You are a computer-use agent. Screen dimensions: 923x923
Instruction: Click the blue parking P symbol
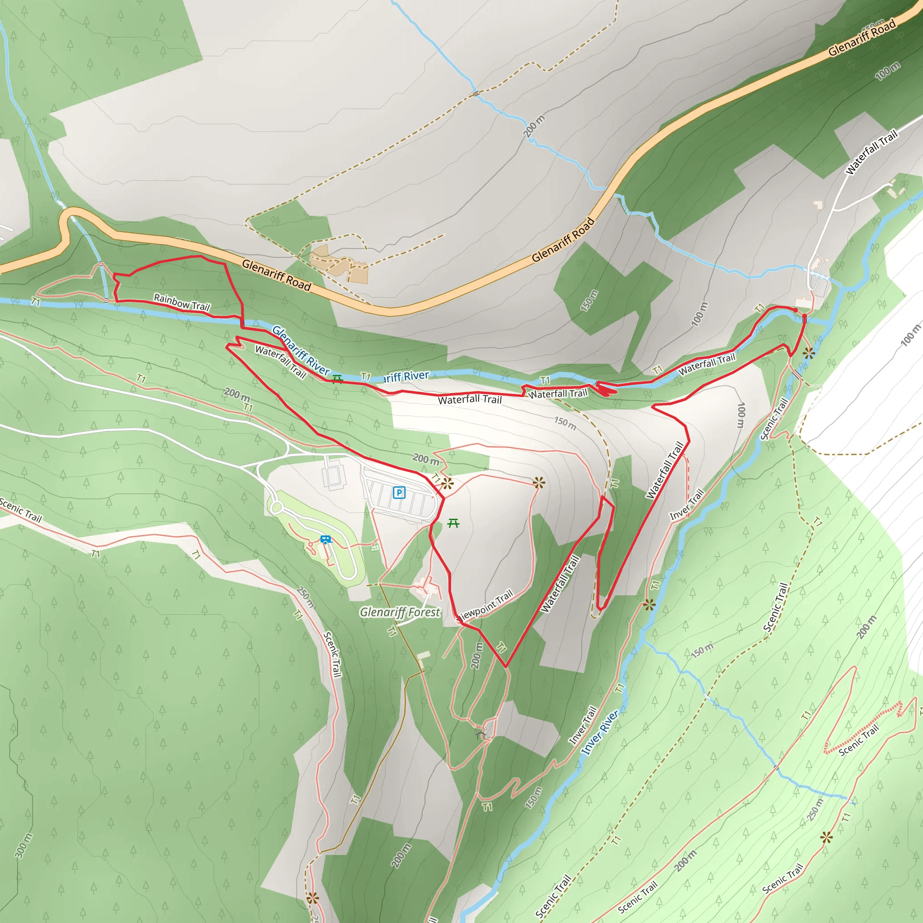coord(399,493)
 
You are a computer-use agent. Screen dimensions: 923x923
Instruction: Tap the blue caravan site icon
coord(326,540)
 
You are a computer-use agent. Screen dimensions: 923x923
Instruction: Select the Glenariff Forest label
coord(399,612)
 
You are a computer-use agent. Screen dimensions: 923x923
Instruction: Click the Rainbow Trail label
coord(182,302)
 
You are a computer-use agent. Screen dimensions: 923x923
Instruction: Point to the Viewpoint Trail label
coord(485,605)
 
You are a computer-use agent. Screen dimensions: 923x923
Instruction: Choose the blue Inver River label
coord(600,732)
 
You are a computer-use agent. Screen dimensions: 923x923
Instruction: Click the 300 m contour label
coord(23,845)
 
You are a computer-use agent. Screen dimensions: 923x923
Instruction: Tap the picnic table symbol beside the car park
coord(453,524)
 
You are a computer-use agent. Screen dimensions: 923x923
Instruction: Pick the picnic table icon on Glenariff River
coord(337,379)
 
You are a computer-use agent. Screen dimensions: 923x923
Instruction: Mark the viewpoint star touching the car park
coord(447,484)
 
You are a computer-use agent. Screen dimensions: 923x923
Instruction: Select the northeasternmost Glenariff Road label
coord(862,38)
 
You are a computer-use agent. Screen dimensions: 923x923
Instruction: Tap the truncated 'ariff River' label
coord(406,376)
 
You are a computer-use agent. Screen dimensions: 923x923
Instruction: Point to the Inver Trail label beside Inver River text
coord(583,725)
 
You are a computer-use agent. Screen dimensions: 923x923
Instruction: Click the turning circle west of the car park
coord(276,507)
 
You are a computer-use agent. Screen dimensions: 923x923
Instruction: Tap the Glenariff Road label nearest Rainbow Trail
coord(276,275)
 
